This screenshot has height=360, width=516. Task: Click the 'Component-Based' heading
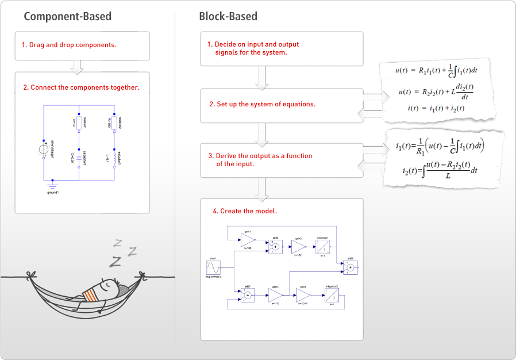[x=67, y=16]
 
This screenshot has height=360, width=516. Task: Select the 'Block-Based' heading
[x=229, y=16]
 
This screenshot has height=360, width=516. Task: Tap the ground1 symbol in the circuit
[x=53, y=185]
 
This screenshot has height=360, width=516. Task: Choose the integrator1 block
[x=322, y=247]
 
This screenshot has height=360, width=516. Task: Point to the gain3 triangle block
[x=275, y=296]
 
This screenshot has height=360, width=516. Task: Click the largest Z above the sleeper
[x=116, y=262]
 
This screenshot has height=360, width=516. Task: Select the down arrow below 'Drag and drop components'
[x=76, y=67]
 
